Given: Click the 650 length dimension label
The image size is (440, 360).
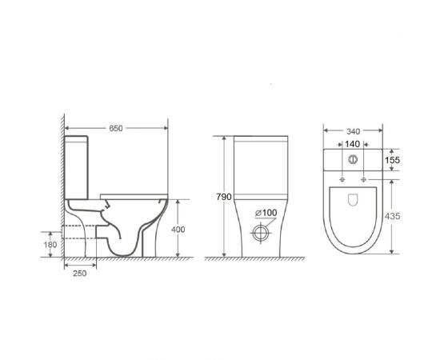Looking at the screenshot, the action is (x=116, y=128).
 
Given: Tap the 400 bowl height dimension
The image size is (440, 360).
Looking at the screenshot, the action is (x=178, y=230).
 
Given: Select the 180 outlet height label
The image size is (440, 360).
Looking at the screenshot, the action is (x=50, y=245).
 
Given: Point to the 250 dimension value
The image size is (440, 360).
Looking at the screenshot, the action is (x=80, y=274).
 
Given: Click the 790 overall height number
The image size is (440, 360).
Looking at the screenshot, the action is (x=224, y=197).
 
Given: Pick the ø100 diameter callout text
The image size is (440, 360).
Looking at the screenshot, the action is (x=266, y=213).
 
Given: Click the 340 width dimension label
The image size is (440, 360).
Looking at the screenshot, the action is (x=353, y=131).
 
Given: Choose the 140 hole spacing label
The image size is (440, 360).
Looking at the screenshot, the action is (x=352, y=144).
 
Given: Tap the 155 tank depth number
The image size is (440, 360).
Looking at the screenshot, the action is (x=392, y=160).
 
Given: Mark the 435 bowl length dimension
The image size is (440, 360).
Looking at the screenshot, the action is (x=392, y=216).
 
